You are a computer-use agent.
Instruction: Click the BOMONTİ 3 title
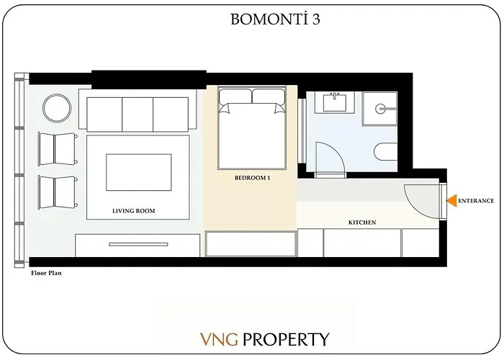point(275,19)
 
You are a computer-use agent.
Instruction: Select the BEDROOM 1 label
point(252,177)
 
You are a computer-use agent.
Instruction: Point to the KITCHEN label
point(362,223)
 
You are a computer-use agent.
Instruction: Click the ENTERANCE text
point(476,201)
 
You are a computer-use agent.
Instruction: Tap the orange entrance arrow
point(451,201)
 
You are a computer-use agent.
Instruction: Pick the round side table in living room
point(57,109)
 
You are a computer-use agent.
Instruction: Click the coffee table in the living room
point(138,172)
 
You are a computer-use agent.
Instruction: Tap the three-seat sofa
point(138,114)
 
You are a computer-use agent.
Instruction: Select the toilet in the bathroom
point(386,152)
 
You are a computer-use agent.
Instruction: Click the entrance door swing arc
point(420,200)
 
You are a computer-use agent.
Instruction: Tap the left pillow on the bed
point(235,96)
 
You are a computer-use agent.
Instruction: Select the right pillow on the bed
point(269,96)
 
